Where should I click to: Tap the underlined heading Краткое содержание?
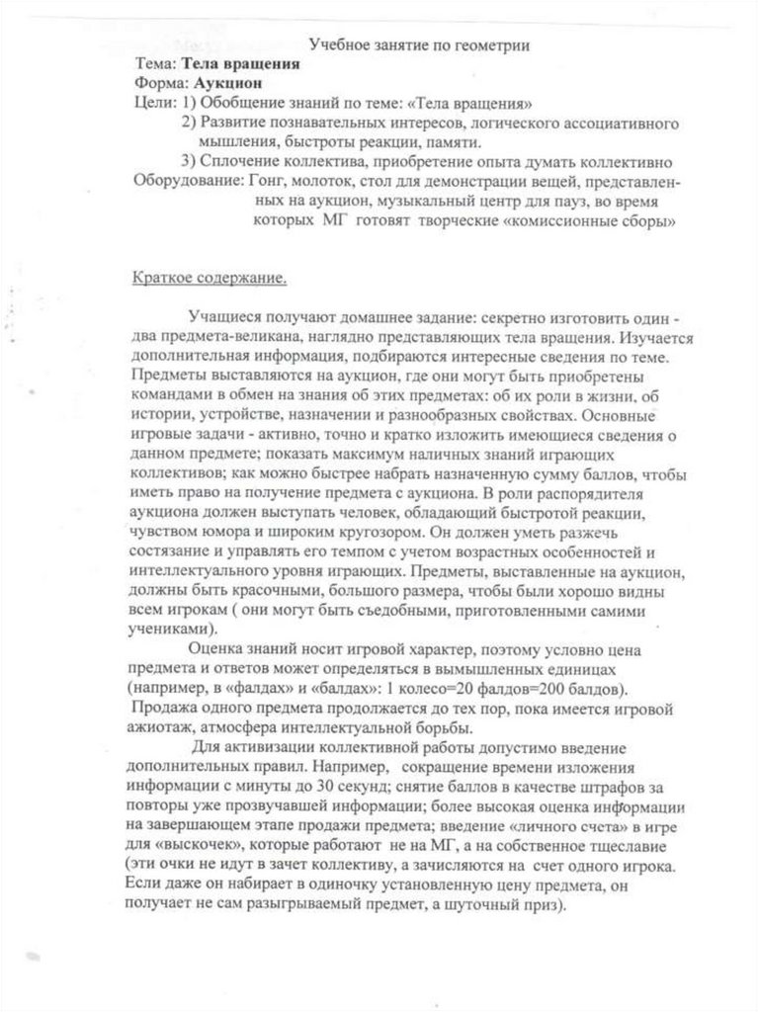(x=210, y=278)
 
